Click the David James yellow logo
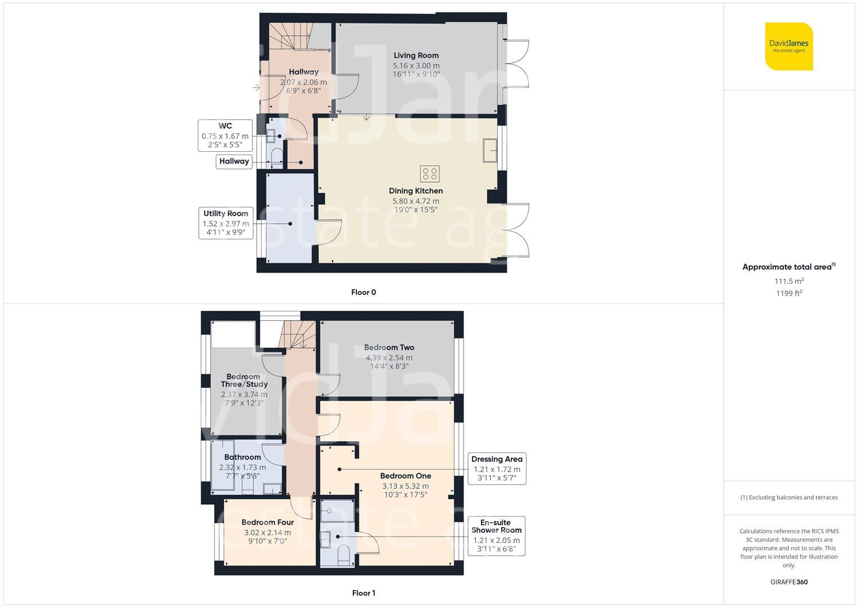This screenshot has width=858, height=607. (789, 46)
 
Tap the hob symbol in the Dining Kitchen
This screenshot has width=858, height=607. (430, 174)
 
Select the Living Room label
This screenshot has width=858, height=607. (416, 56)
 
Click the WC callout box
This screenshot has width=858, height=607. (225, 135)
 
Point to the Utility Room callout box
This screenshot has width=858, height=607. (226, 223)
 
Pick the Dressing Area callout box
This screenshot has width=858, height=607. (497, 469)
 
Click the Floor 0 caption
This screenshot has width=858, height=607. (364, 292)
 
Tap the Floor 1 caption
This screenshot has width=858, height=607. (364, 593)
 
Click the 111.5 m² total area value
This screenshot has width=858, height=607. (789, 281)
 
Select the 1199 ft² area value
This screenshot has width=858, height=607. (789, 293)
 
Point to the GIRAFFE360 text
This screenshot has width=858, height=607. (789, 582)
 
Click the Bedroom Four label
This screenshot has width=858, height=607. (268, 522)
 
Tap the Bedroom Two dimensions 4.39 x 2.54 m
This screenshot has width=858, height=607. (389, 357)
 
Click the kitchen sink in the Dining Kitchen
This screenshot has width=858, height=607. (490, 151)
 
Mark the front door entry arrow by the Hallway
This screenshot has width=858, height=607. (257, 88)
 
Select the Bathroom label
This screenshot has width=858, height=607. (243, 457)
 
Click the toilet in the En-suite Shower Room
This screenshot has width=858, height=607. (343, 555)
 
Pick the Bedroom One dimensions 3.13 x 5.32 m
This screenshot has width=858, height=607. (406, 486)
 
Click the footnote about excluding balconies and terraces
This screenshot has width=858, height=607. (789, 497)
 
